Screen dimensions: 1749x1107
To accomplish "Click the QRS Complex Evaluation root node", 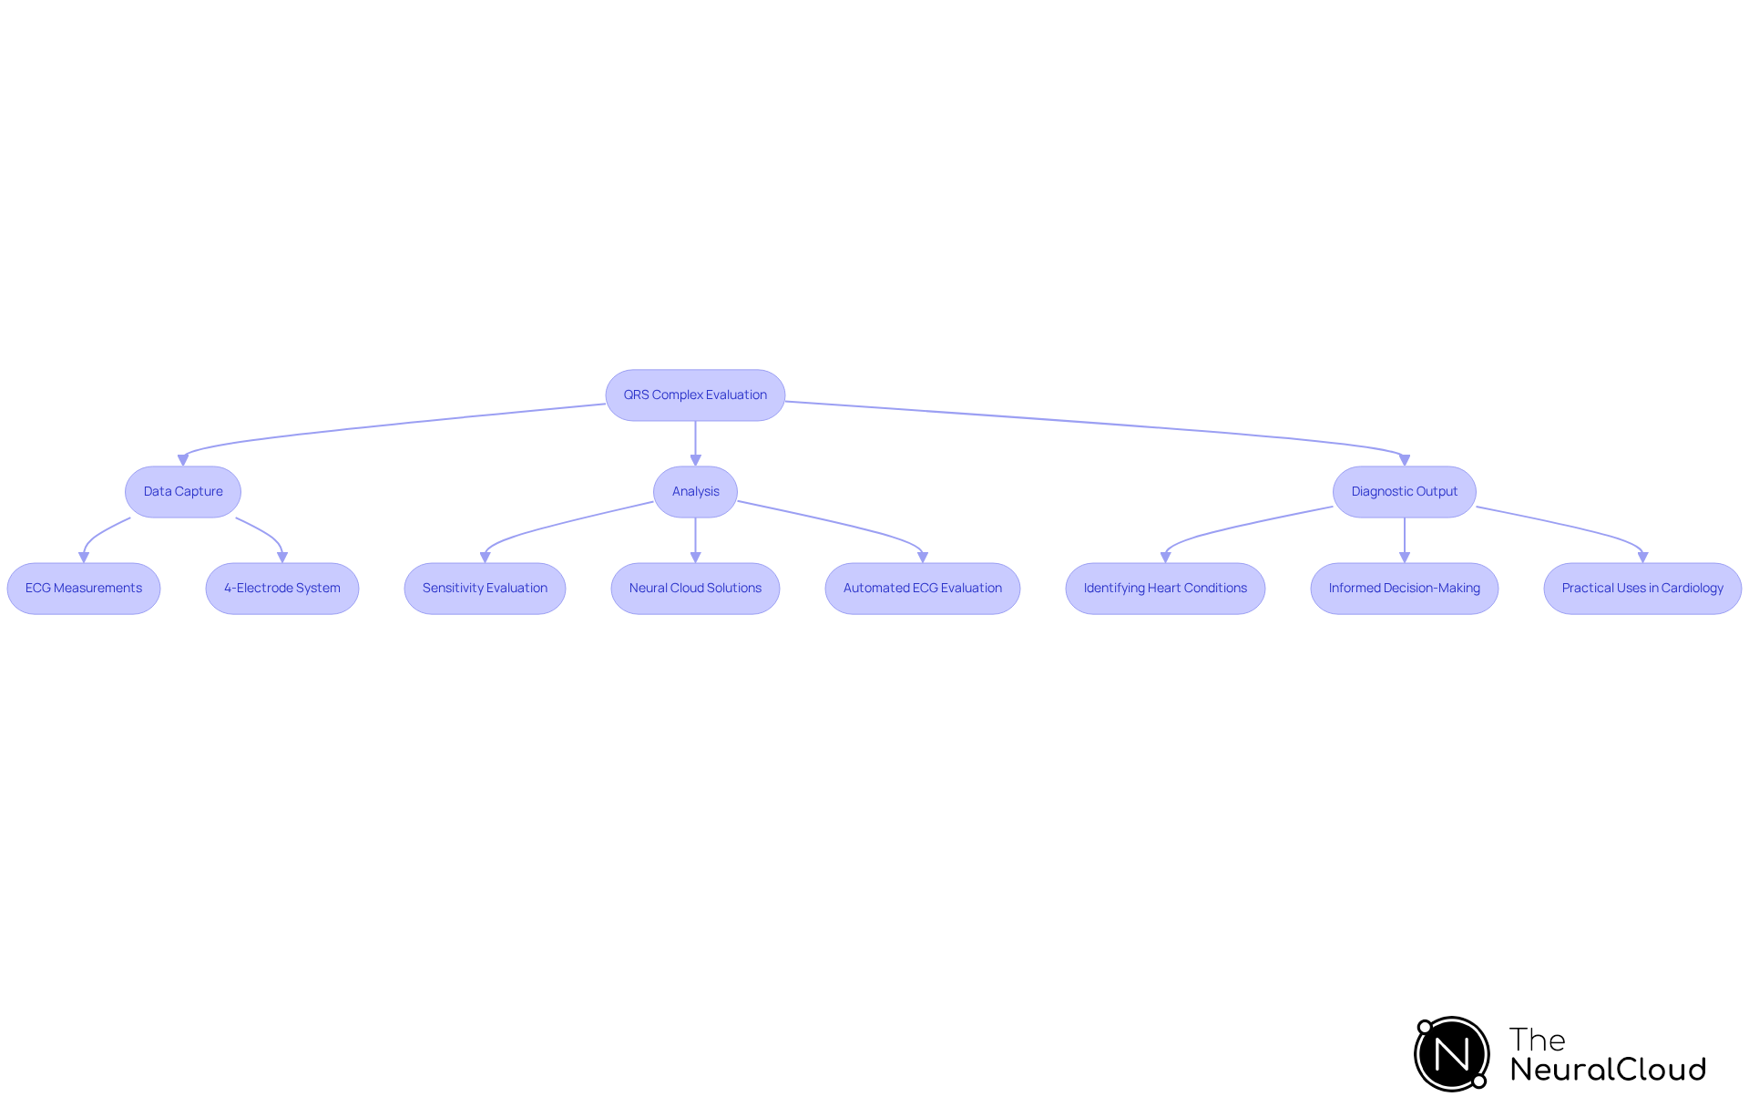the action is (695, 395).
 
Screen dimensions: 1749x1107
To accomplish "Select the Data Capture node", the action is (183, 492).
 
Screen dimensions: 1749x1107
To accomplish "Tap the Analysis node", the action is (695, 492).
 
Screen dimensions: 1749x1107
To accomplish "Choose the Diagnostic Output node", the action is (1404, 492).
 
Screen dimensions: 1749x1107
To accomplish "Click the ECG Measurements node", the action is (84, 589).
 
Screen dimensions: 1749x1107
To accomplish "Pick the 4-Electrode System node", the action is (282, 589).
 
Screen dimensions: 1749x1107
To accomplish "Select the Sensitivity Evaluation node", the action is (485, 589).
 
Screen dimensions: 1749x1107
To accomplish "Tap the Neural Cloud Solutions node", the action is (695, 589).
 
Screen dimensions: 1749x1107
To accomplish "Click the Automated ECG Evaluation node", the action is (922, 589).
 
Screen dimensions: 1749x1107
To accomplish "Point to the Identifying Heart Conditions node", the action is (1165, 589).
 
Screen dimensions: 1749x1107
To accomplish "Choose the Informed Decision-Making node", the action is (1404, 589).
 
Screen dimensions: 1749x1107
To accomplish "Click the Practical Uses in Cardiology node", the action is (1642, 589).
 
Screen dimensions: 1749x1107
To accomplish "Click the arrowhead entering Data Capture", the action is (183, 460).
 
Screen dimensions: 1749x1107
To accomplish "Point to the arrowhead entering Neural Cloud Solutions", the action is (695, 557).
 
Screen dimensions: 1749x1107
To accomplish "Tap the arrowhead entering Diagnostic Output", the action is (1404, 460).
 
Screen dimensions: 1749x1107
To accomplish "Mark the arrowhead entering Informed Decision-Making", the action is (1404, 557).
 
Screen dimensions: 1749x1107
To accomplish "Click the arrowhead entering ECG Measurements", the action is (84, 557).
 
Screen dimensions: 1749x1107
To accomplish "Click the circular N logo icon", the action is (1452, 1054).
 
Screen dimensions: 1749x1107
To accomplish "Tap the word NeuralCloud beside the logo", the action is (1608, 1070).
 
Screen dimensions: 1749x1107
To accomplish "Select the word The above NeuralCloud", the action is (1537, 1040).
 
